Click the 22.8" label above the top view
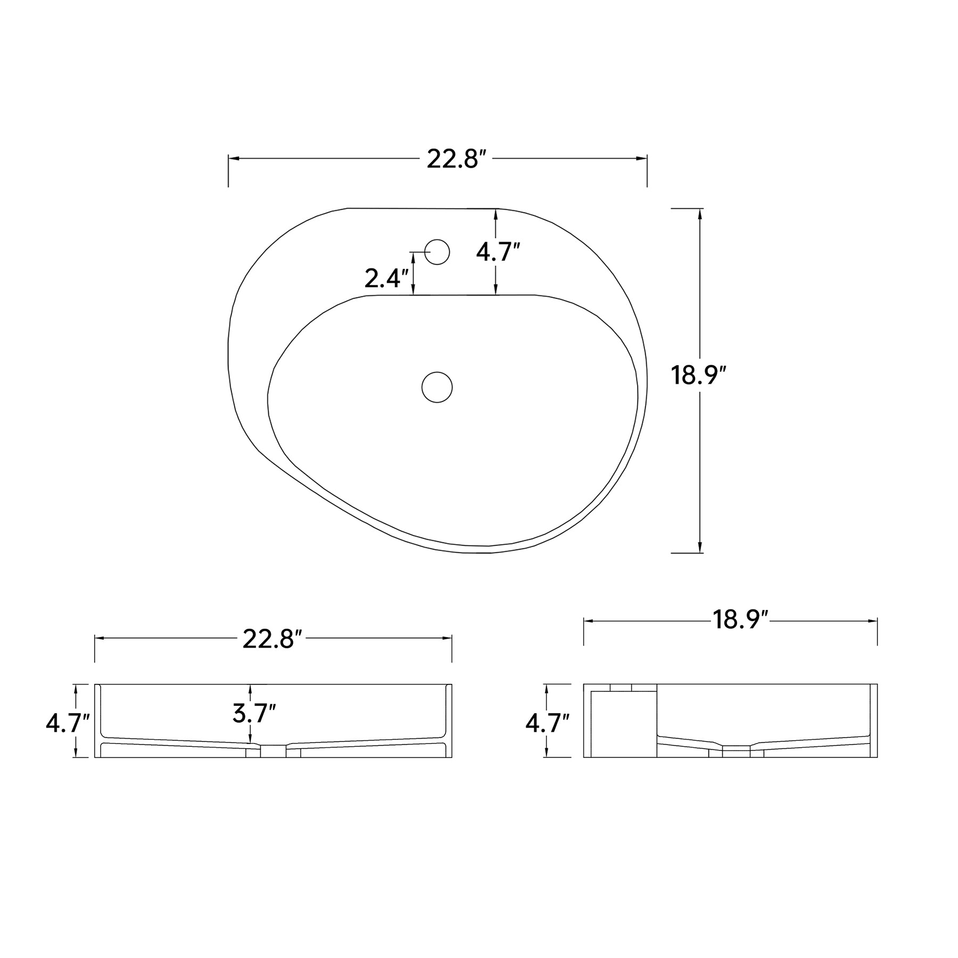coord(457,159)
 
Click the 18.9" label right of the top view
coord(698,376)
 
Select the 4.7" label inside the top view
coord(498,252)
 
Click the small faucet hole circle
coord(437,252)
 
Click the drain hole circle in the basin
coord(437,387)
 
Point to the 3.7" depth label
coord(254,714)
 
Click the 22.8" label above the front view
coord(272,639)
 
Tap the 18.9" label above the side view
coord(740,620)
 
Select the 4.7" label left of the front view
coord(68,723)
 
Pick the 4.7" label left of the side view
coord(547,723)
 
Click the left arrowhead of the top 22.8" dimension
coord(233,159)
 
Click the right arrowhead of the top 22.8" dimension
coord(642,159)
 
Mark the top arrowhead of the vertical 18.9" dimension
coord(699,214)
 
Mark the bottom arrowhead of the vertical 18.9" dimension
coord(699,548)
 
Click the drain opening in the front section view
coord(273,751)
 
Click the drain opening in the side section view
coord(736,751)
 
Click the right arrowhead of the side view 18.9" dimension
coord(872,621)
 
